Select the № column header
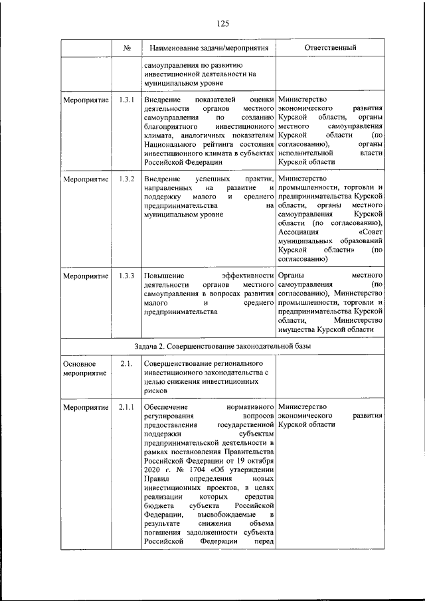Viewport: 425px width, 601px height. (x=126, y=48)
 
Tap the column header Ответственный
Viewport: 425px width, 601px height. (x=330, y=48)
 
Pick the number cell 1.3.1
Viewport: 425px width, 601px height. (x=126, y=100)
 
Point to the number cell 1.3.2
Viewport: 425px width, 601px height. (x=126, y=179)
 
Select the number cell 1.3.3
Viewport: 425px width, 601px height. (x=126, y=275)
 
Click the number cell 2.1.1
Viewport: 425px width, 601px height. (x=126, y=406)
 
